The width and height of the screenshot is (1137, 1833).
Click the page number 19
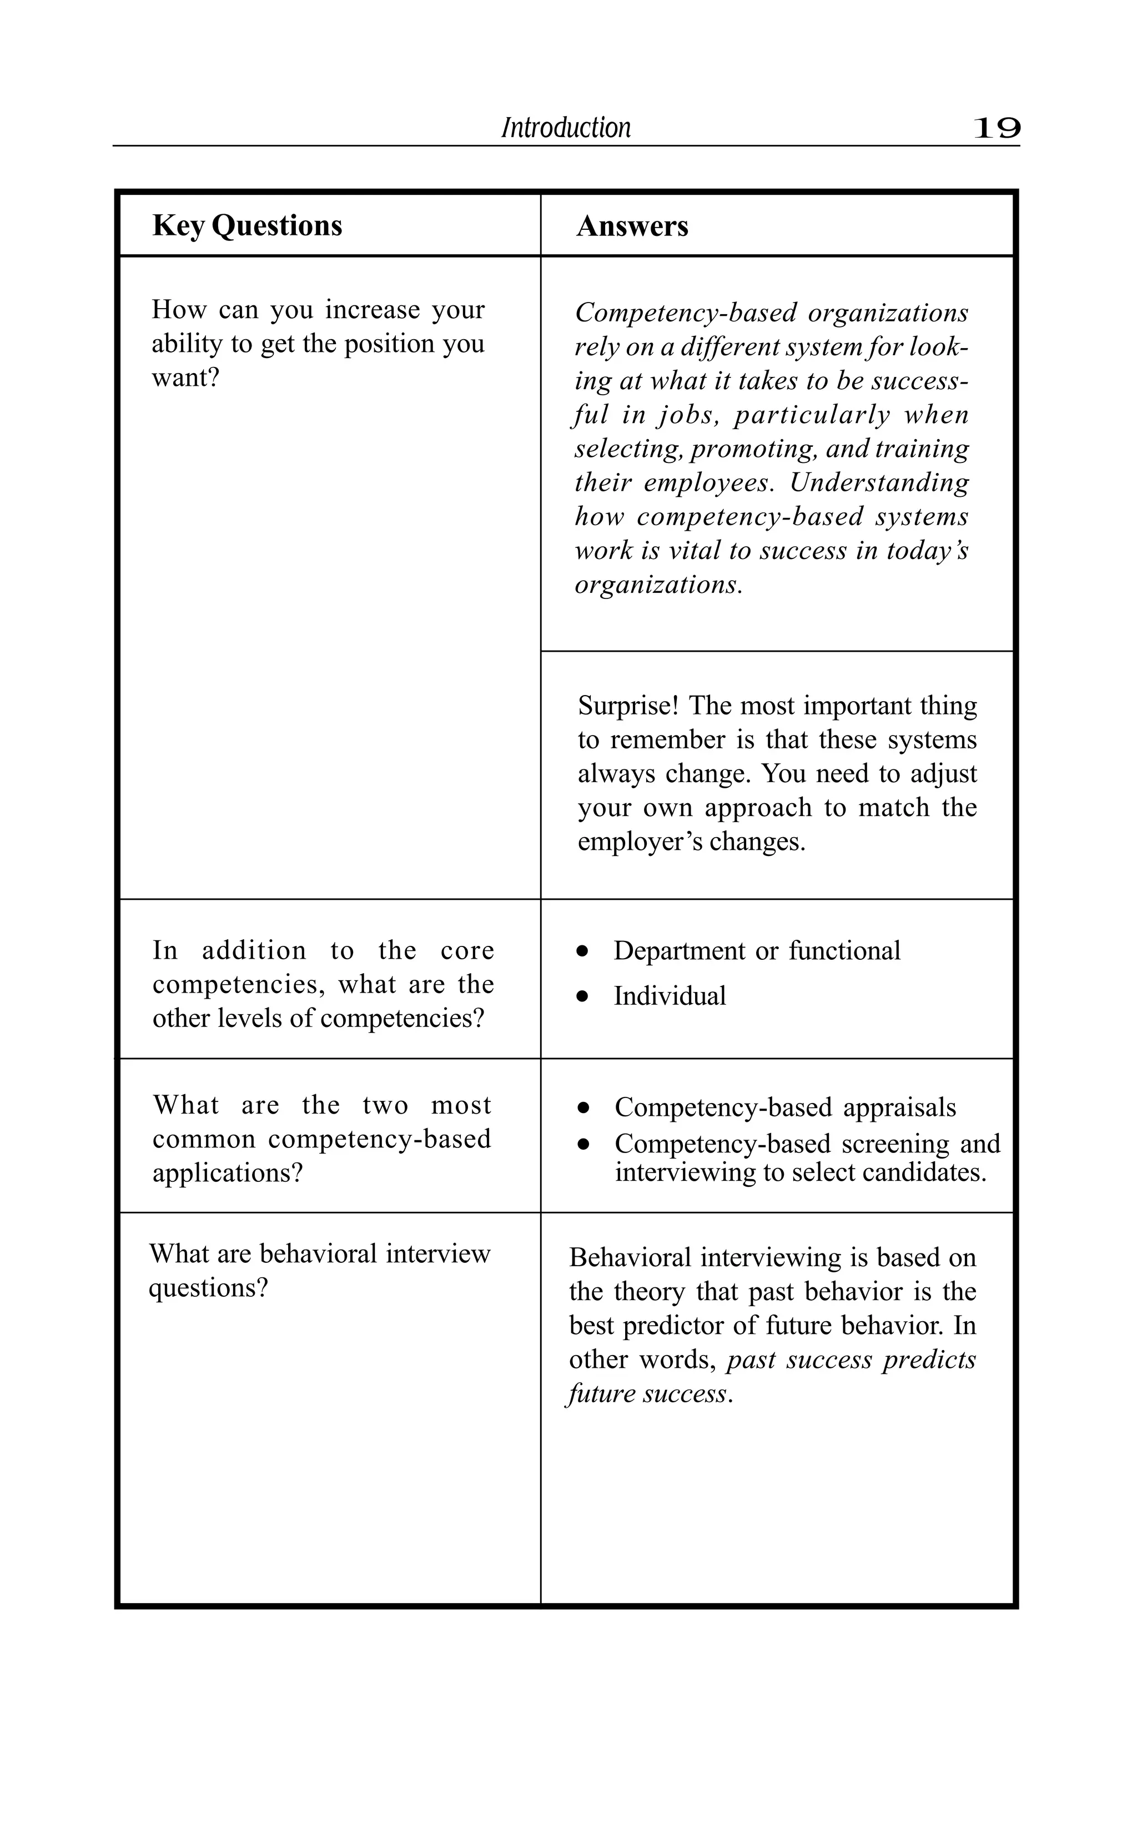point(997,129)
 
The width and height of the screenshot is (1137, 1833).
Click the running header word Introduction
point(566,128)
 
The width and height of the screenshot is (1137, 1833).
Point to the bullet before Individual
point(582,997)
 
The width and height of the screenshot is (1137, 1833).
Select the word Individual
point(670,996)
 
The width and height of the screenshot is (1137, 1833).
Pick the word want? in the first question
point(186,377)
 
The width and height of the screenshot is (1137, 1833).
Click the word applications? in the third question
point(227,1173)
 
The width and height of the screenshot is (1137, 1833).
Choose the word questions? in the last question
point(208,1288)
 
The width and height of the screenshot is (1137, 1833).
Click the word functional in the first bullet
point(844,951)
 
